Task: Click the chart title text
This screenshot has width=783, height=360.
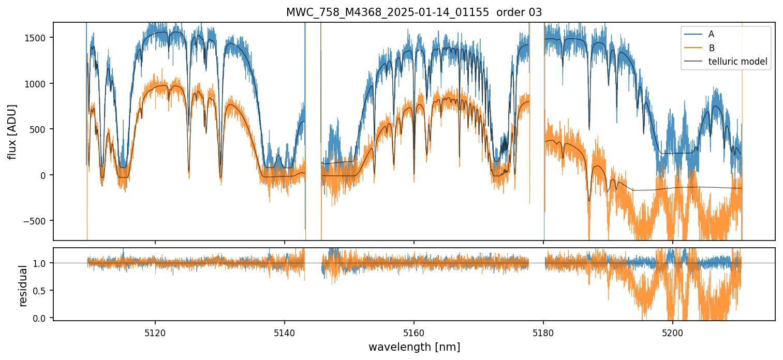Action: (x=414, y=12)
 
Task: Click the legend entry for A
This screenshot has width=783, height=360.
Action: (x=711, y=34)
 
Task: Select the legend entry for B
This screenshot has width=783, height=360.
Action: (x=711, y=48)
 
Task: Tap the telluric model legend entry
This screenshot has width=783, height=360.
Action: (x=737, y=62)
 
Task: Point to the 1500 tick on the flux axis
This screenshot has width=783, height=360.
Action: (x=38, y=38)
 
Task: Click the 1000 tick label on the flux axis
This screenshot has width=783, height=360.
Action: (x=38, y=83)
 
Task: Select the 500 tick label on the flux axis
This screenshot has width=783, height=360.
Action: (x=40, y=129)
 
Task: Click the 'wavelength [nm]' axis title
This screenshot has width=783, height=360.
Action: (x=414, y=347)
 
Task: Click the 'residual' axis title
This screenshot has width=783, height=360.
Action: (x=23, y=286)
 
